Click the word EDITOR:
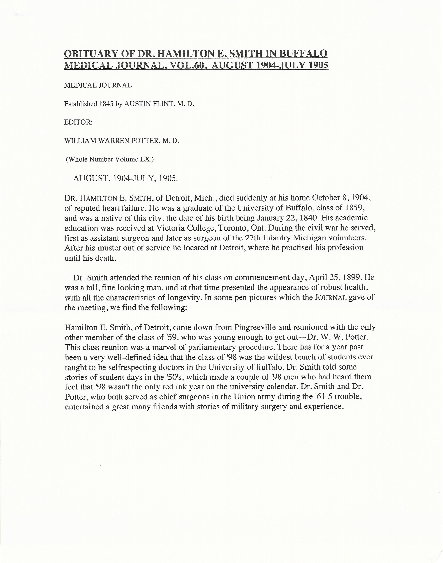point(78,122)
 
